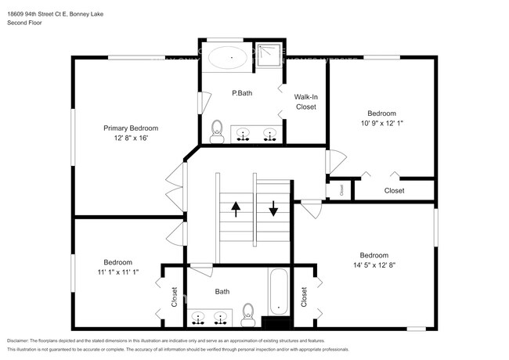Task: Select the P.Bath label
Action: click(241, 94)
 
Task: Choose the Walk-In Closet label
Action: click(305, 102)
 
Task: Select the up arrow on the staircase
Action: click(235, 209)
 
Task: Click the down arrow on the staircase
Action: click(273, 209)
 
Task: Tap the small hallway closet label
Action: click(341, 189)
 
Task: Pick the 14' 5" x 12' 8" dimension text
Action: click(374, 265)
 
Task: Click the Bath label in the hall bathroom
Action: click(222, 292)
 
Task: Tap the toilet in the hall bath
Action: click(249, 312)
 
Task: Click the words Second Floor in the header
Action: click(24, 23)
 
